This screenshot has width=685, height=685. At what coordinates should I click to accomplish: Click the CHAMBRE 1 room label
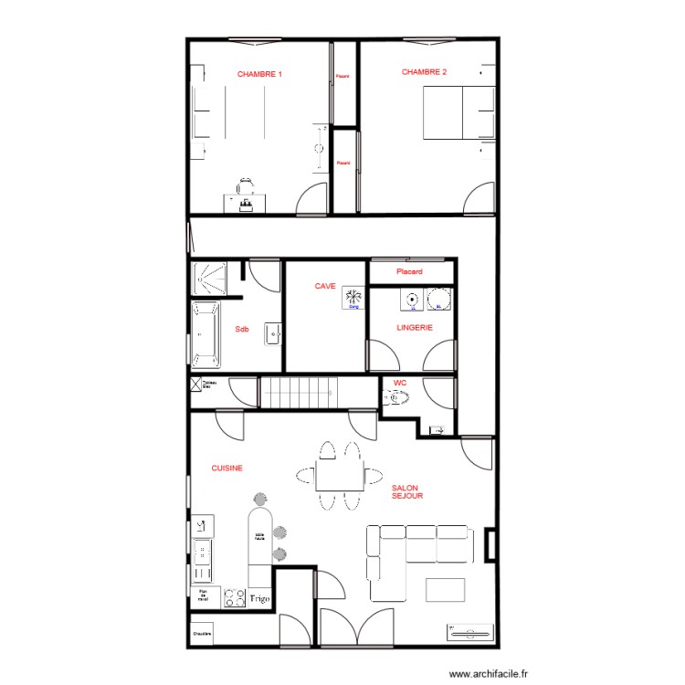coord(259,74)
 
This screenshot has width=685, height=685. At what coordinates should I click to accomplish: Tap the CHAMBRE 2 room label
coord(424,71)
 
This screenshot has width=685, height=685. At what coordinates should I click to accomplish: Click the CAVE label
coord(325,286)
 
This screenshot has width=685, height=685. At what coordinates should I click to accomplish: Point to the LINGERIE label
coord(414,326)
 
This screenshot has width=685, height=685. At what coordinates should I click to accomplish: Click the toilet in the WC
coord(395,397)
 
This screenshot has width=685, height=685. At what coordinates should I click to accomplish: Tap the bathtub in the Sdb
coord(205,334)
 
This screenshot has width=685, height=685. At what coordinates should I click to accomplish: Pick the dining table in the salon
coord(339,476)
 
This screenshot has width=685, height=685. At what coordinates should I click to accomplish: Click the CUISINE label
coord(227,468)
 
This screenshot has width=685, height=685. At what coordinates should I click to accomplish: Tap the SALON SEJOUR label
coord(406,492)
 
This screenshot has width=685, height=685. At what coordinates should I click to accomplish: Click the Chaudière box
coord(202,634)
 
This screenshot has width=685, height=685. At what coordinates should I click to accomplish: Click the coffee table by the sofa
coord(445,589)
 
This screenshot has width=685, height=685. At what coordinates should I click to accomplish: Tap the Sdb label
coord(242,329)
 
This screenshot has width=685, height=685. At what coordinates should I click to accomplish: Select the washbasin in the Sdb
coord(273,333)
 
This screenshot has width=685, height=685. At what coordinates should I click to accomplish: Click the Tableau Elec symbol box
coord(195,385)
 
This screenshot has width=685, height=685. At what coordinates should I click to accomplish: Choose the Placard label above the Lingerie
coord(409,272)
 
